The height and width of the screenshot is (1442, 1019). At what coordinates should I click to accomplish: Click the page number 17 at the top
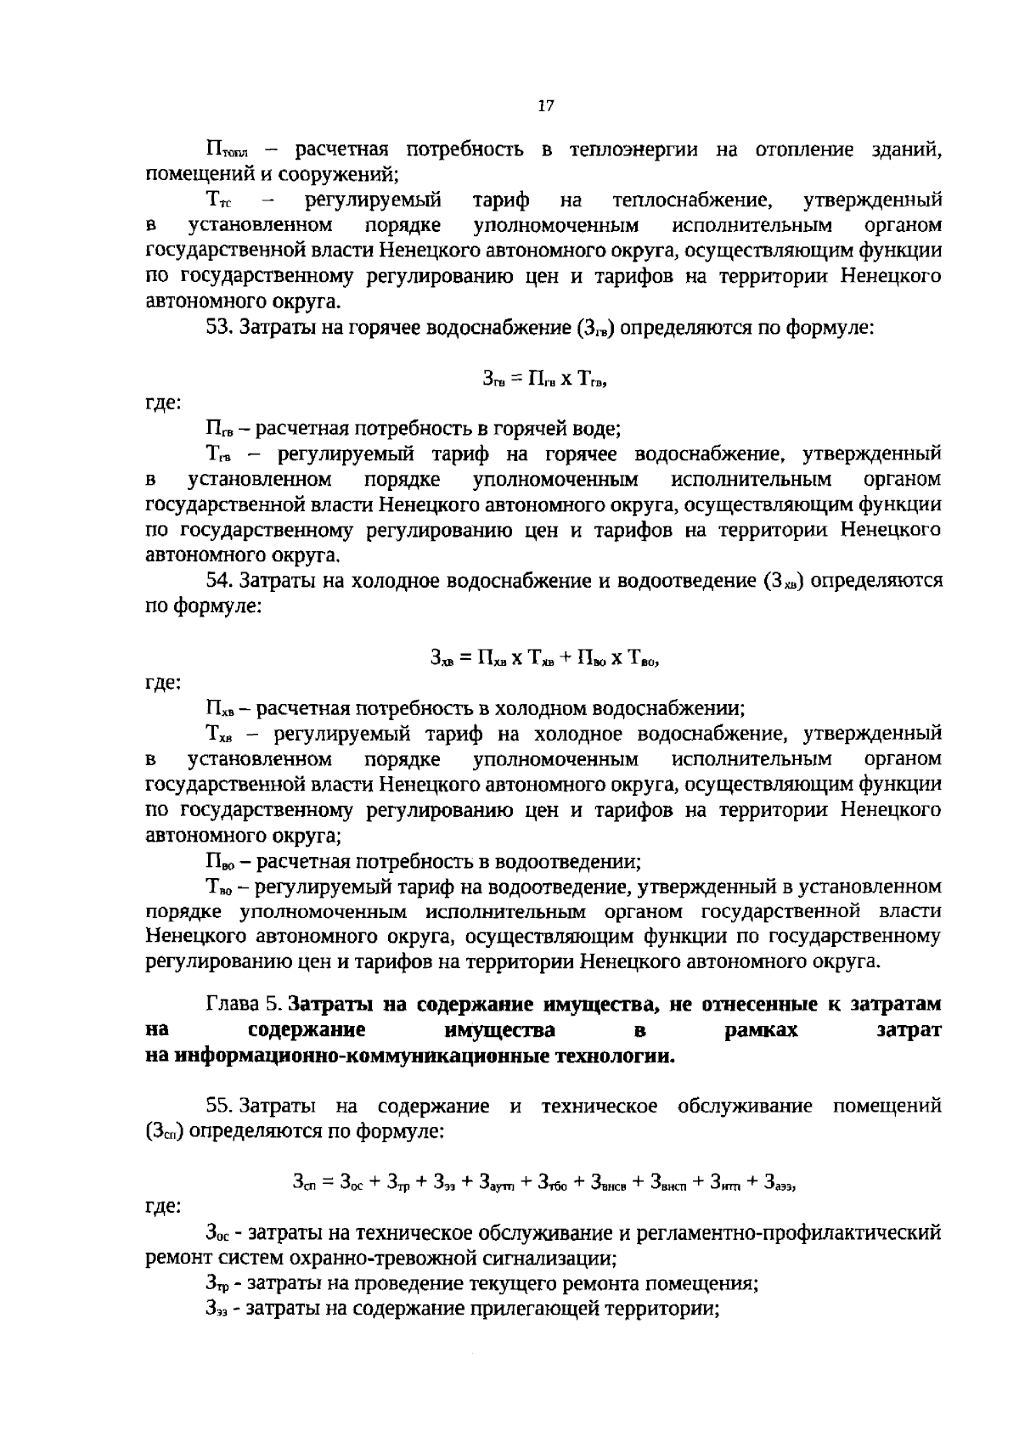pyautogui.click(x=545, y=106)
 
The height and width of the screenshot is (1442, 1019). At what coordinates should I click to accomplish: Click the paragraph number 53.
pyautogui.click(x=218, y=327)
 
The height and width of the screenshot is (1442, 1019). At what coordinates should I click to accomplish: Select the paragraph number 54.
pyautogui.click(x=219, y=581)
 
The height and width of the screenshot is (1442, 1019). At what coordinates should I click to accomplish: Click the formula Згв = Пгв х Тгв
pyautogui.click(x=544, y=380)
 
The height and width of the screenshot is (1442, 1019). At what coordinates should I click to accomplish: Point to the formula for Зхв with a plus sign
pyautogui.click(x=544, y=656)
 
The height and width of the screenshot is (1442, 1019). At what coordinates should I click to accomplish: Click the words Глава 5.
pyautogui.click(x=244, y=1004)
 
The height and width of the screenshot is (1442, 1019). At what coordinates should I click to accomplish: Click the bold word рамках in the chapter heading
pyautogui.click(x=762, y=1030)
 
